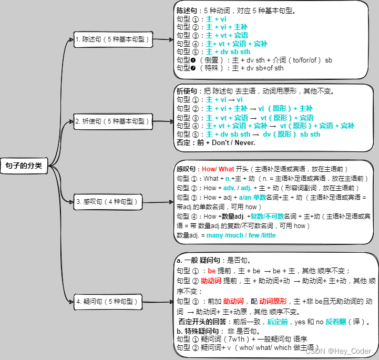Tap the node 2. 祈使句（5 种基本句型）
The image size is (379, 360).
point(112,121)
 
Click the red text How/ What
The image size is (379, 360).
point(218,169)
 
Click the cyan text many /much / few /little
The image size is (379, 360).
point(241,235)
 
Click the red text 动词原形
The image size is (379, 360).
point(273,301)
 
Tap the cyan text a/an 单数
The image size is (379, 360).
point(253,197)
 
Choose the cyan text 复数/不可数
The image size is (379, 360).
point(267,216)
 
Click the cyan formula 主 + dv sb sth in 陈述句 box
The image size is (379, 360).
point(228,52)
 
